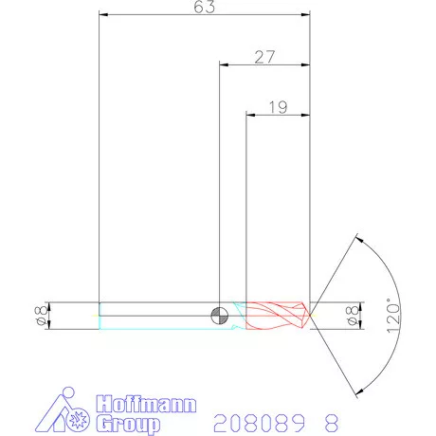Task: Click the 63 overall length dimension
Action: click(205, 8)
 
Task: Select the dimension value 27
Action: click(264, 57)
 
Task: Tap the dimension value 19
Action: click(278, 107)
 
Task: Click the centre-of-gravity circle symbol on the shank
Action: click(219, 315)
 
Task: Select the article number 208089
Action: click(250, 420)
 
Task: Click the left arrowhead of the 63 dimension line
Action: click(104, 15)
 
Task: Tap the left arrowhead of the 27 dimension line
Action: click(225, 64)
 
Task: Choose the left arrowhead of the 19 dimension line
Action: click(251, 115)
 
